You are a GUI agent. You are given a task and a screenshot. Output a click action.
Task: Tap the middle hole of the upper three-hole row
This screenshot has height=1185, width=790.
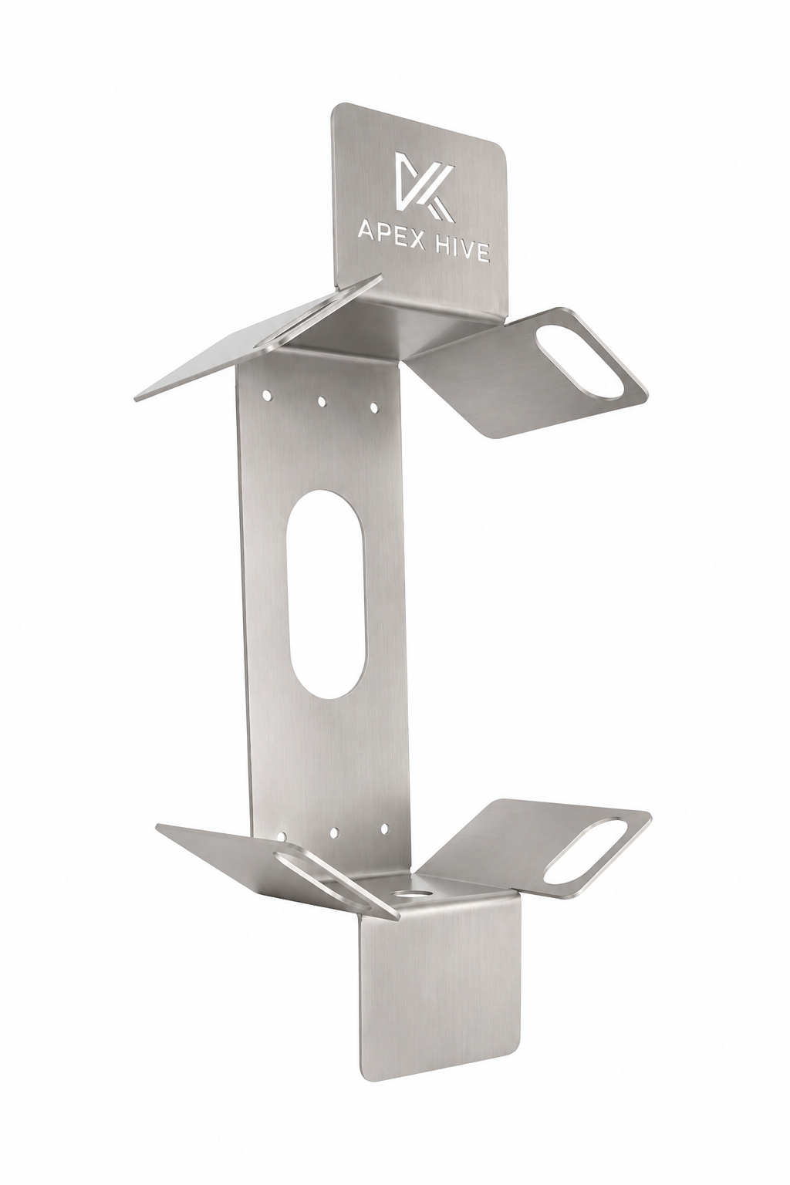coord(321,401)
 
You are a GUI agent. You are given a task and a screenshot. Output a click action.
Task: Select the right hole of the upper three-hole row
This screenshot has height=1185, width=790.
coord(374,408)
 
